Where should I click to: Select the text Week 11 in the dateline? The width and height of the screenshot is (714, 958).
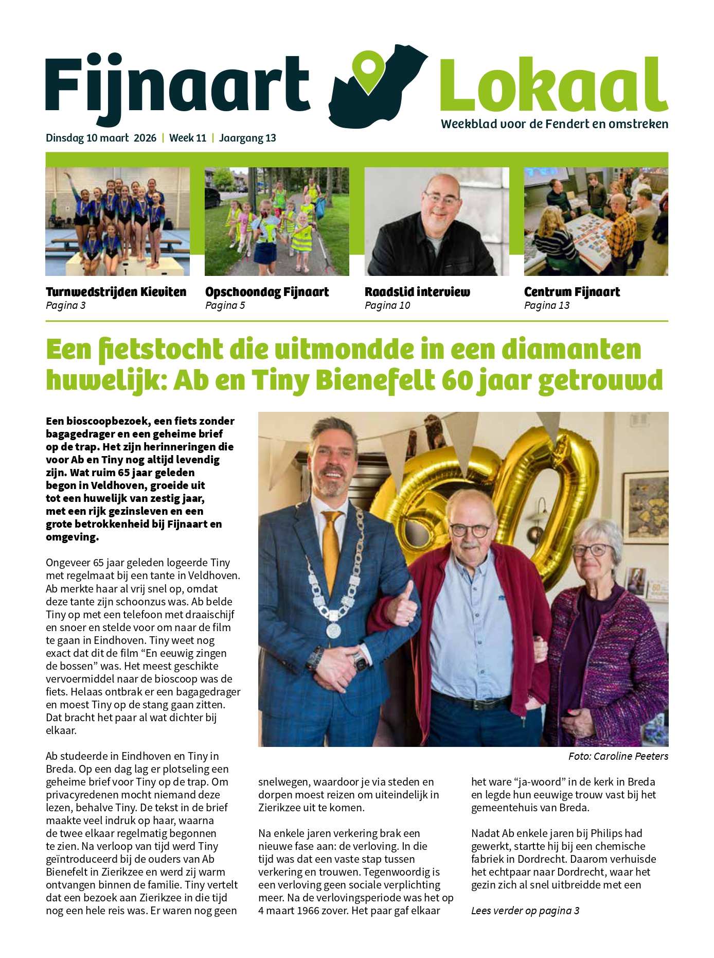188,138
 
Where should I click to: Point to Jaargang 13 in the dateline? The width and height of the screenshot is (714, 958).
247,138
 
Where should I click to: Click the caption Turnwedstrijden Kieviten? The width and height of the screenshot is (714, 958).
116,292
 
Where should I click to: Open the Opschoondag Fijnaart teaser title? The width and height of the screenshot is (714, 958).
267,292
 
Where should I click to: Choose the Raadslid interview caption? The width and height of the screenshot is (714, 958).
417,292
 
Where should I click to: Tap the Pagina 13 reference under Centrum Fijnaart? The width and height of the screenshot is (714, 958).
547,305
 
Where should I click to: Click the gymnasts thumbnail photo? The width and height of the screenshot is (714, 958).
117,221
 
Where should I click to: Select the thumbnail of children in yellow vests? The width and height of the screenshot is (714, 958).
277,221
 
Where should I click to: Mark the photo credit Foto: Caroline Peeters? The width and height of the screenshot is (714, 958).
618,756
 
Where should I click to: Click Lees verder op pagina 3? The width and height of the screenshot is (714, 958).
525,911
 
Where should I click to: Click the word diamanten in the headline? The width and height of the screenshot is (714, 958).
571,350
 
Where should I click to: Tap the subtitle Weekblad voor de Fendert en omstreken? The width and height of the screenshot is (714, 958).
555,124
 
